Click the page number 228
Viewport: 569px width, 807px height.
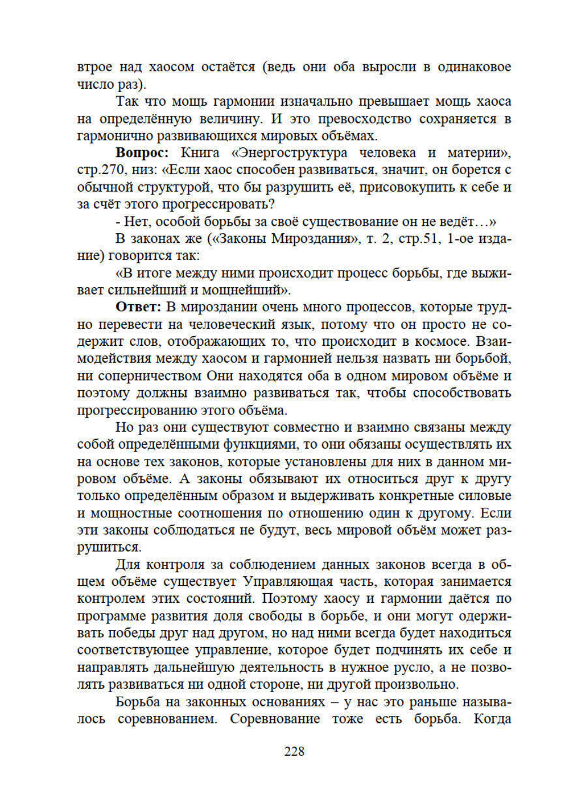tap(294, 751)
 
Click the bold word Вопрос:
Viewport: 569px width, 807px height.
tap(142, 153)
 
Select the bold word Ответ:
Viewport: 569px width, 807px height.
tap(139, 307)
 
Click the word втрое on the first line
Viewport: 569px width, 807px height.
tap(94, 67)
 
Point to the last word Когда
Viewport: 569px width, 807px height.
tap(492, 719)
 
